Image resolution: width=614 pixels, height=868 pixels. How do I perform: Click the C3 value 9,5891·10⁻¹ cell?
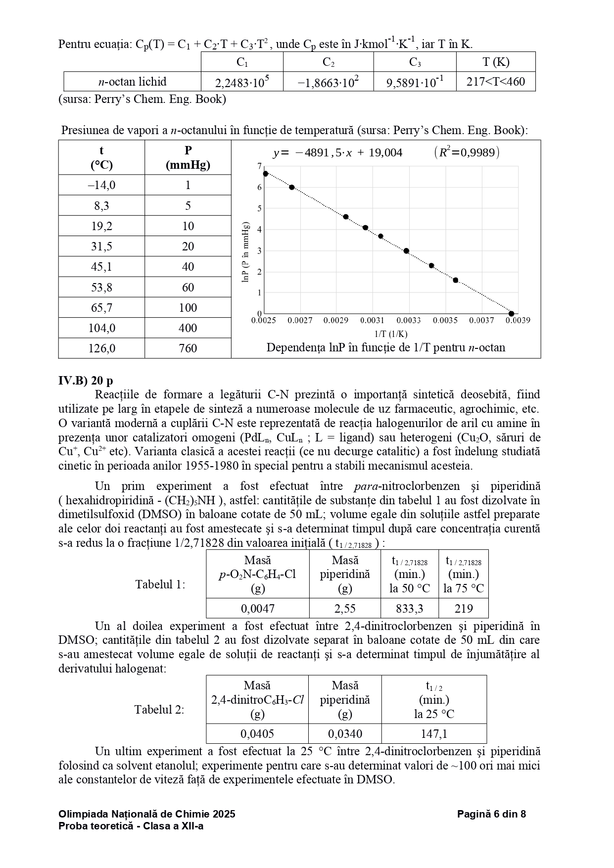tap(415, 82)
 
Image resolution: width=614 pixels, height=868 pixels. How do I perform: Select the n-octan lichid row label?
tap(132, 82)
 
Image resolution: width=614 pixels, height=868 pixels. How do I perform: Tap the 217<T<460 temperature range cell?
tap(495, 82)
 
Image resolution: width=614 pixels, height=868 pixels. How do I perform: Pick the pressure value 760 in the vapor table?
tap(188, 348)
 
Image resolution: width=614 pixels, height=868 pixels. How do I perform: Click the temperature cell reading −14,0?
tap(101, 185)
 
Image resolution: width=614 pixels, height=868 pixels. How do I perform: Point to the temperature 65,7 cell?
tap(101, 308)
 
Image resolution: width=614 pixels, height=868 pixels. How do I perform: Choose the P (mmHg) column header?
tap(188, 157)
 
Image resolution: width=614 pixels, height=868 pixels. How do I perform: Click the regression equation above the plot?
tap(338, 153)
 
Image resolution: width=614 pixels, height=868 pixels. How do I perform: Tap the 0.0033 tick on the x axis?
tap(409, 321)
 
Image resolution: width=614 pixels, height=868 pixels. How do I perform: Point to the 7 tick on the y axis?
tap(259, 166)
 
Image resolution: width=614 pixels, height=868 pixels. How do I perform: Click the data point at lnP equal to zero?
tap(511, 314)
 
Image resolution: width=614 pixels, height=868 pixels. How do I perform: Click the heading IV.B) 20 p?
tap(86, 381)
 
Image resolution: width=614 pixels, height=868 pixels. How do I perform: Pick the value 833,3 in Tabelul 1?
tap(409, 608)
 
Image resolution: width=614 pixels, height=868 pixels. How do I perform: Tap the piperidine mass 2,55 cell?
tap(344, 608)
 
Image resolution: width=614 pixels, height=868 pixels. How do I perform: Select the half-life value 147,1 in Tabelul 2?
tap(434, 733)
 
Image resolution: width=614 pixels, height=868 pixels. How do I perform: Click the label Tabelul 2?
tap(159, 710)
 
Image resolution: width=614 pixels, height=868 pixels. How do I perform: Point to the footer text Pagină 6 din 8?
tap(491, 814)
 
